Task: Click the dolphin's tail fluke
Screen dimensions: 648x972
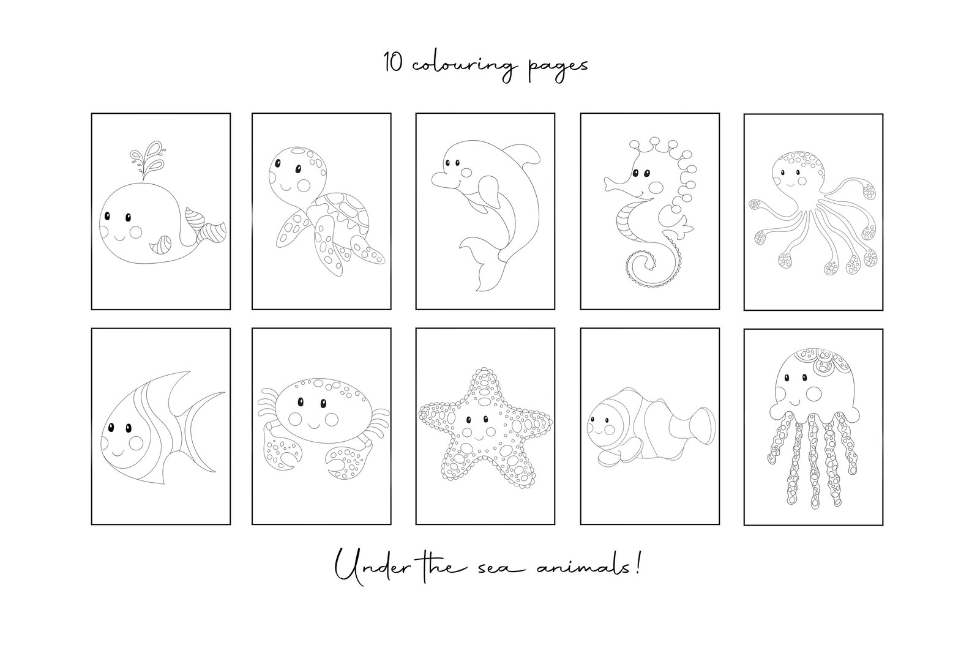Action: pyautogui.click(x=484, y=266)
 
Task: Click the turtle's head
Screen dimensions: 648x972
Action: pyautogui.click(x=291, y=173)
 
